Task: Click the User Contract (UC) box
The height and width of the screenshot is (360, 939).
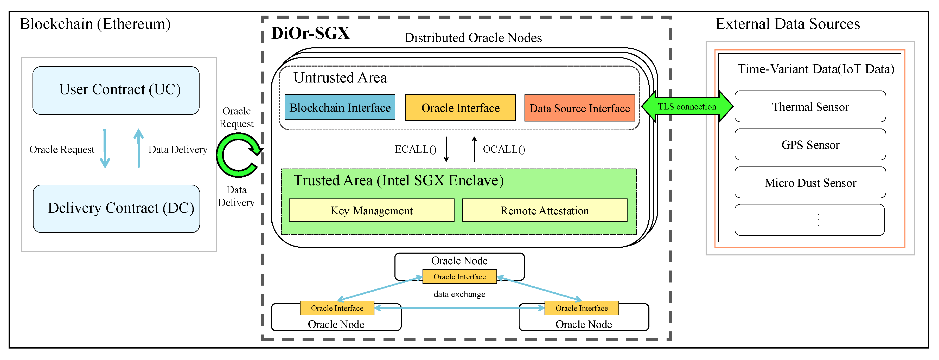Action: pos(116,90)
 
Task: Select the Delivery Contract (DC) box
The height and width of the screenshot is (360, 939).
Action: pos(116,208)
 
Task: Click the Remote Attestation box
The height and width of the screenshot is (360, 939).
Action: pos(544,210)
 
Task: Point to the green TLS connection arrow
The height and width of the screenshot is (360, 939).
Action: pos(687,106)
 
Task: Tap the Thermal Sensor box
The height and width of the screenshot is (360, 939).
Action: pos(810,107)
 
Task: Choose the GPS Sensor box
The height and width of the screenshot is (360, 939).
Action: pos(810,145)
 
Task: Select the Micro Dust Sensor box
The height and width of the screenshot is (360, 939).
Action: pos(810,183)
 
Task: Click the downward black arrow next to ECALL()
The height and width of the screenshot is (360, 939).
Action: pos(446,149)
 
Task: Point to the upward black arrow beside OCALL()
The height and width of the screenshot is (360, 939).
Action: pos(474,149)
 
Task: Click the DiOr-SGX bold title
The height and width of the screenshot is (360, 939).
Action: pos(310,33)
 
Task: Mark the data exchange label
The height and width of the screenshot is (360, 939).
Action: pos(459,294)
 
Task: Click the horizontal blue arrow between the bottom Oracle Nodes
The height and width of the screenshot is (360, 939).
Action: pos(459,308)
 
